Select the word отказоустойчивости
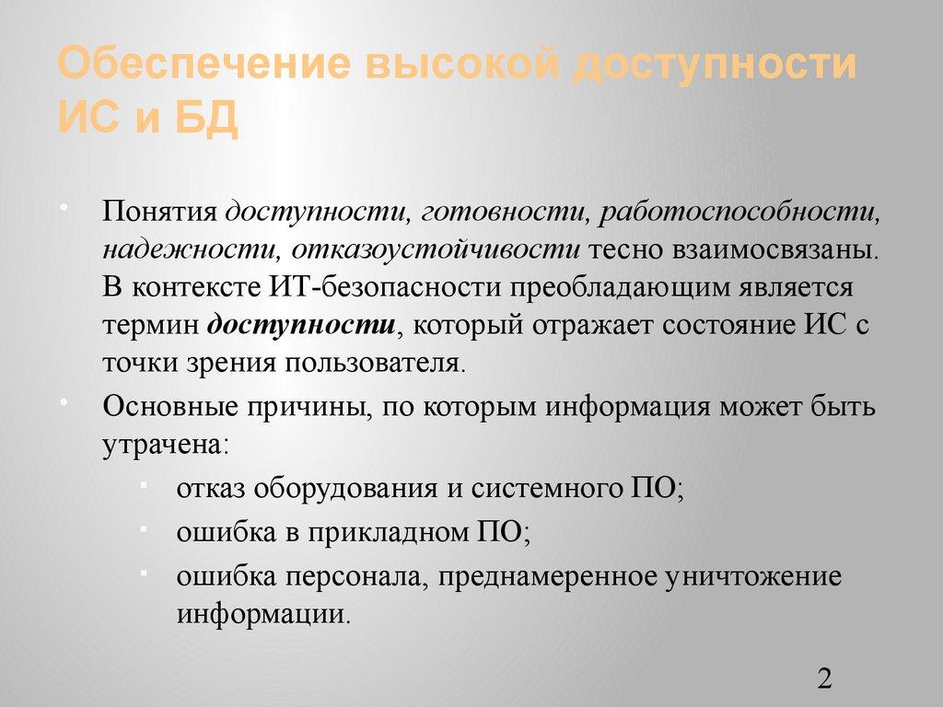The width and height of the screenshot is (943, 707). (436, 249)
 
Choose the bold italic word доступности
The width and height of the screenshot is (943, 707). (301, 324)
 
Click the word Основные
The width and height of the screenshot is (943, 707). (169, 406)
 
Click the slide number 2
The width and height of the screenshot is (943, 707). (824, 679)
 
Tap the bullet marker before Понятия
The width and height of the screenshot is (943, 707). (64, 203)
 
